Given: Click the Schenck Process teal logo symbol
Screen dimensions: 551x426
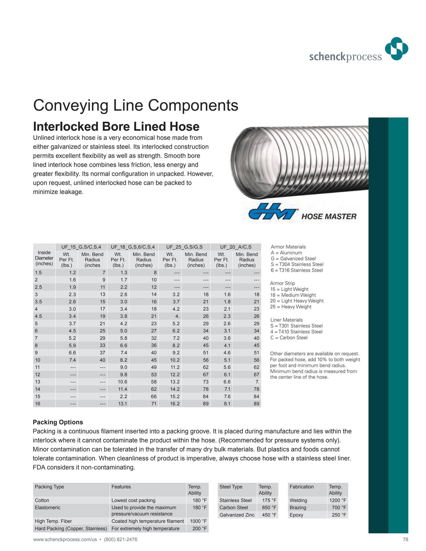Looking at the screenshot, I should tap(396, 49).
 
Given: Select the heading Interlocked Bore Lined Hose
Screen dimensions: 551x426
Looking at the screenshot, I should tap(116, 126).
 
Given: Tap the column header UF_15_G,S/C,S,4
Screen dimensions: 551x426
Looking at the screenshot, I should tap(81, 247).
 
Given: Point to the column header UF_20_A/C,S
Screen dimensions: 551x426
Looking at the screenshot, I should tap(235, 247).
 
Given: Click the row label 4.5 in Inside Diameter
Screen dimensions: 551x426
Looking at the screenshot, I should tap(38, 316).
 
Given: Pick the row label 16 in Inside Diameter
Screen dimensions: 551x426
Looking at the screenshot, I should tap(38, 404).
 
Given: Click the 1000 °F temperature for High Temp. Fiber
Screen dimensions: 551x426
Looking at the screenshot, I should tap(198, 521).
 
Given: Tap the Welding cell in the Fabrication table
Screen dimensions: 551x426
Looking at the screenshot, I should tap(298, 500).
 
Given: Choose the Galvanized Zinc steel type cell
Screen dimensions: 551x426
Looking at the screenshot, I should tap(237, 515).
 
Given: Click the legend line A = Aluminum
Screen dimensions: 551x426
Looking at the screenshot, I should tap(286, 253).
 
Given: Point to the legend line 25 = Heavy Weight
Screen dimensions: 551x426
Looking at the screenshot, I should tap(291, 307).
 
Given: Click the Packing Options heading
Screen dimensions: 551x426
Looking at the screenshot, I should tap(58, 422).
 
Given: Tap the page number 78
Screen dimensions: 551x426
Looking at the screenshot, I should tap(405, 539).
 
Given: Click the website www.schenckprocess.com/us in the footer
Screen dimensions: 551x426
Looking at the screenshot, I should tap(65, 539).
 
